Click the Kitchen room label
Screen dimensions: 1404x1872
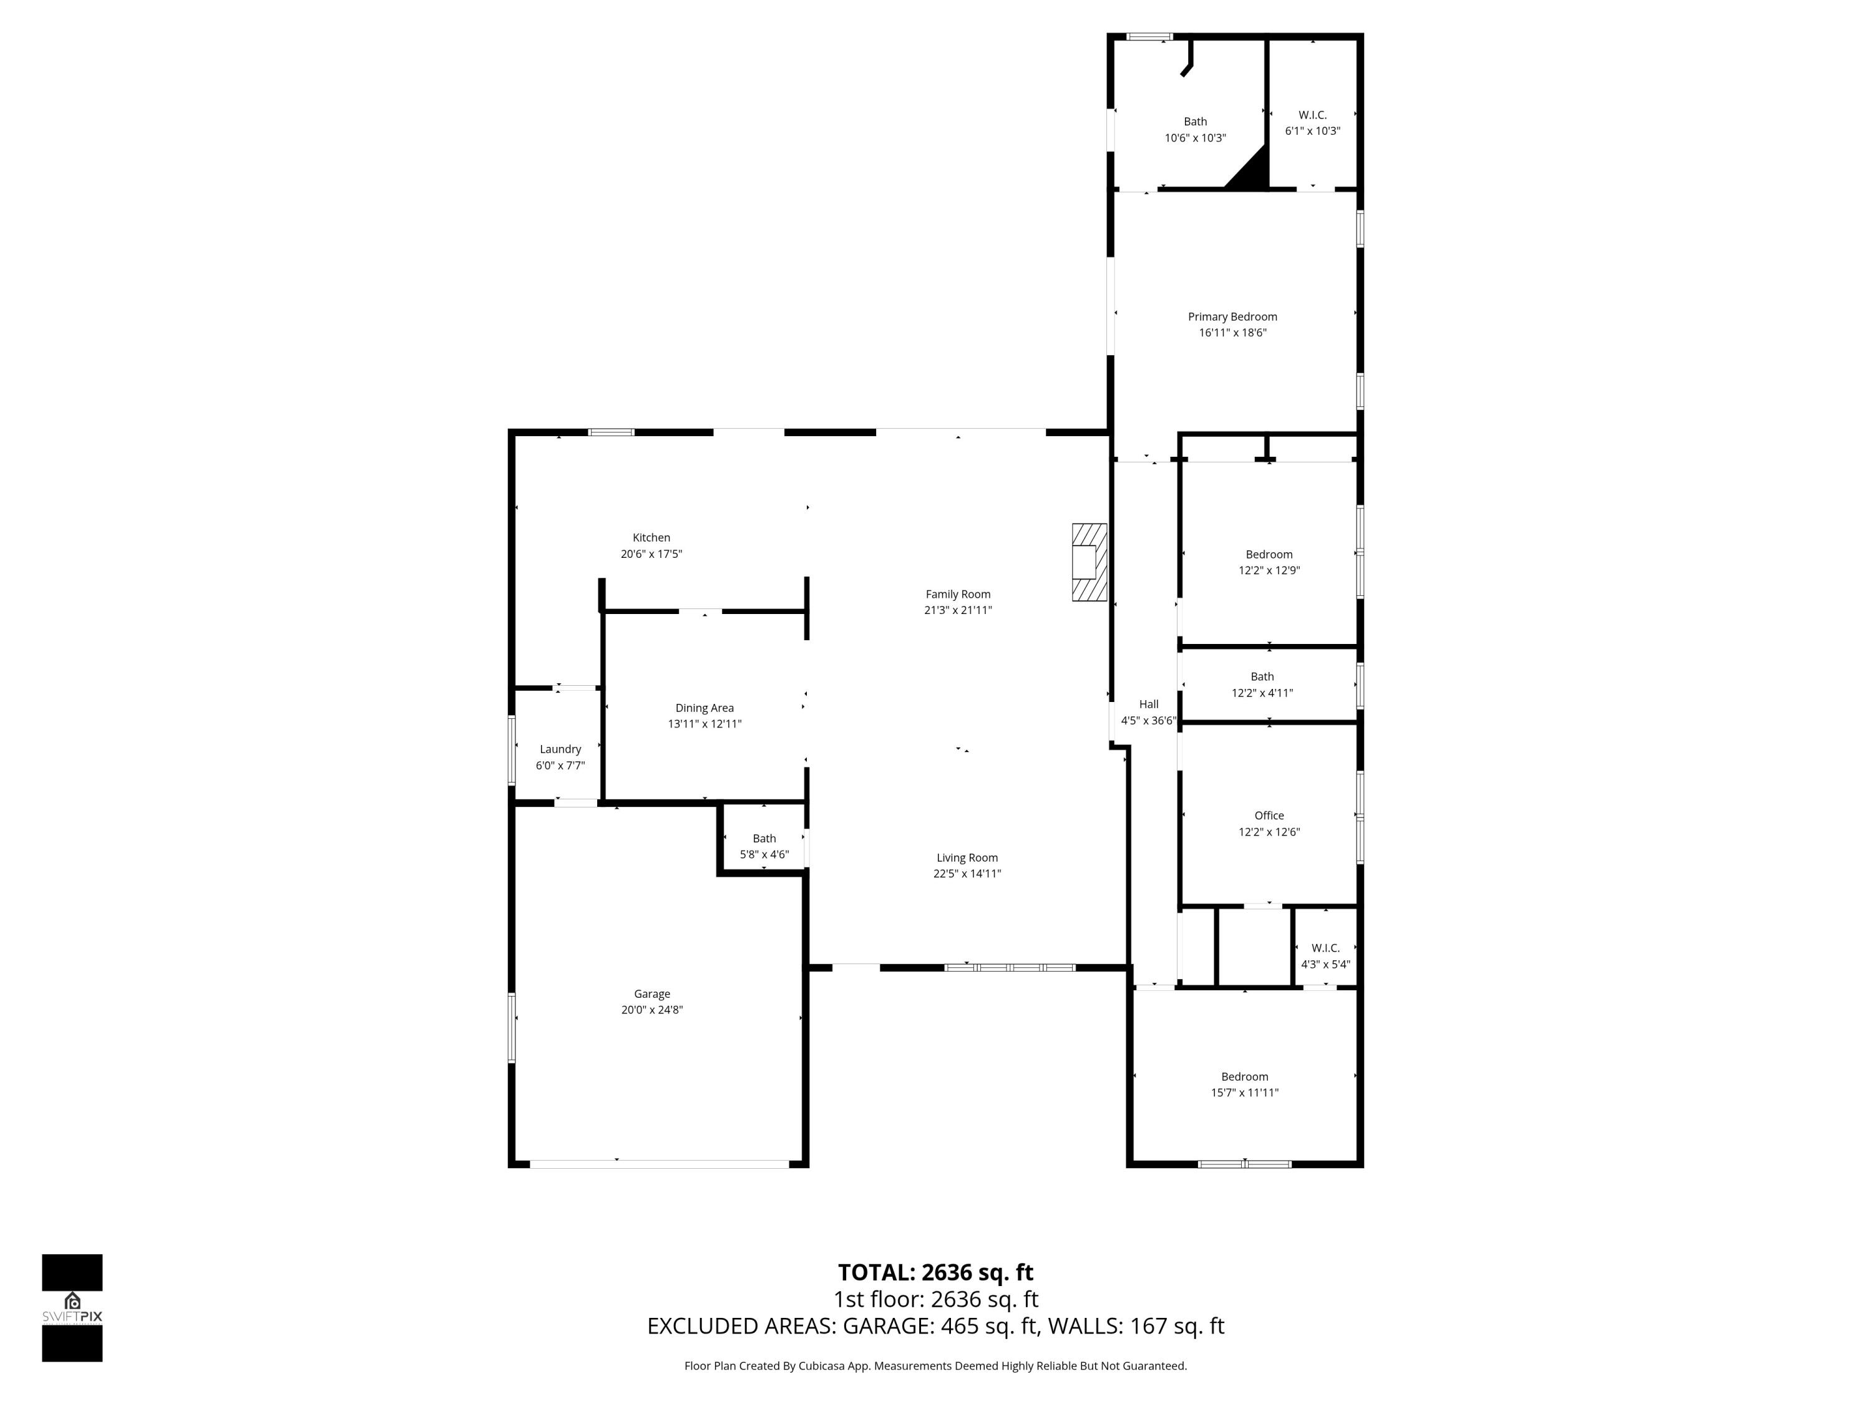click(x=651, y=537)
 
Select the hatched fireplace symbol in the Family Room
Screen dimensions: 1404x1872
click(x=1088, y=562)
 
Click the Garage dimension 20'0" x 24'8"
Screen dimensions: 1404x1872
click(x=651, y=1010)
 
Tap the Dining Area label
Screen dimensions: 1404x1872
click(x=704, y=708)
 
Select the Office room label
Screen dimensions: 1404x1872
click(x=1268, y=815)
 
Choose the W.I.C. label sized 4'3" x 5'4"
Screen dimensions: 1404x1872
click(x=1325, y=948)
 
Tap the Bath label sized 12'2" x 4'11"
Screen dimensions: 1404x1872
click(x=1261, y=676)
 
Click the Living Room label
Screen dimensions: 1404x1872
click(x=967, y=857)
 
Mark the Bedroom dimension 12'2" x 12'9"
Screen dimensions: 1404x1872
click(x=1268, y=570)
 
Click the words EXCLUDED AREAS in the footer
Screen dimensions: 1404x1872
click(x=741, y=1326)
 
